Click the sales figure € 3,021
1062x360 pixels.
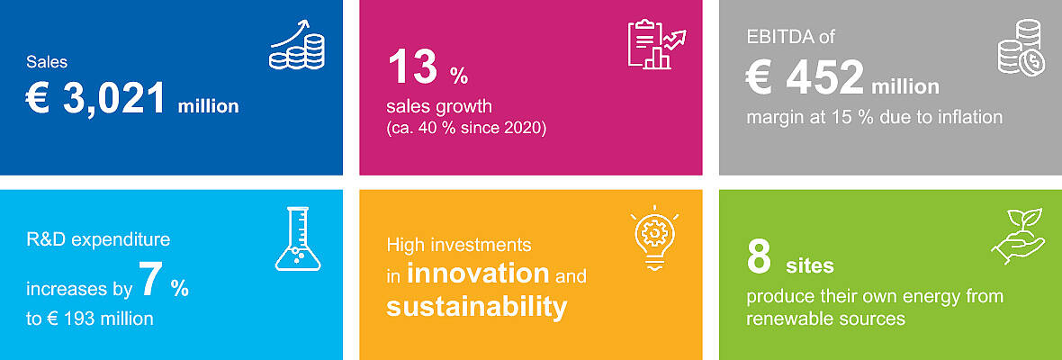point(95,99)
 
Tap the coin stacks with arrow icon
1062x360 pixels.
point(297,45)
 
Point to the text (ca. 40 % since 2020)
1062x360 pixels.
point(466,127)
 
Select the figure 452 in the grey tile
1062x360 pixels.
point(825,77)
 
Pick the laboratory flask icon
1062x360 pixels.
point(297,238)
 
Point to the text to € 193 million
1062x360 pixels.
point(89,318)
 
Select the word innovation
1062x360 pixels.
point(478,273)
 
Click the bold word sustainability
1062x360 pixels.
point(477,307)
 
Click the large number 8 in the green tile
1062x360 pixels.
point(759,257)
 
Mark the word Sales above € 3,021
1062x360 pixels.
point(47,62)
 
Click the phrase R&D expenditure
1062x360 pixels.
point(98,240)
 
